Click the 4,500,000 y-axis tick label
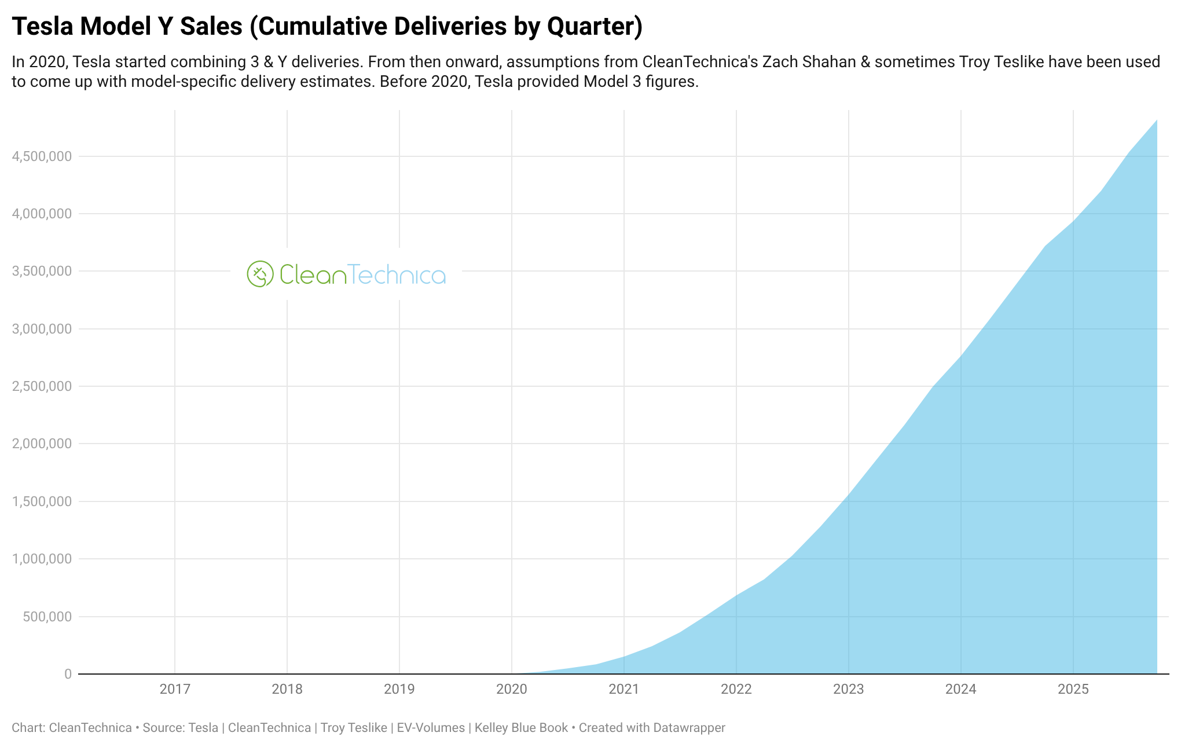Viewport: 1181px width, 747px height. pyautogui.click(x=42, y=156)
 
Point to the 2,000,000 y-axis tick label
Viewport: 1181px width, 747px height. pyautogui.click(x=42, y=444)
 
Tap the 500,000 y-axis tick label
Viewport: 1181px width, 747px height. pyautogui.click(x=47, y=617)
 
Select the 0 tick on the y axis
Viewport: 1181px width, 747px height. pyautogui.click(x=68, y=674)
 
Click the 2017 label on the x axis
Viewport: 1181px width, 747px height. pyautogui.click(x=175, y=689)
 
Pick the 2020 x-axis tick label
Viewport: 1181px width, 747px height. pyautogui.click(x=512, y=689)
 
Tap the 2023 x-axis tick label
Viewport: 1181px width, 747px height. pyautogui.click(x=849, y=689)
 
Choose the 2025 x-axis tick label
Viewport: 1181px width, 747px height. pyautogui.click(x=1073, y=689)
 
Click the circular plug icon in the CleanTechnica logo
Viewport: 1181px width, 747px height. pyautogui.click(x=260, y=274)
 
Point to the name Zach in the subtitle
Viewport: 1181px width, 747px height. pyautogui.click(x=779, y=61)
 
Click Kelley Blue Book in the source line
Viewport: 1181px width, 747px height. pyautogui.click(x=521, y=728)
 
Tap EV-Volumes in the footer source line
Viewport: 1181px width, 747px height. pyautogui.click(x=431, y=728)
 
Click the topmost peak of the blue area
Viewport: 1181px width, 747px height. pyautogui.click(x=1156, y=121)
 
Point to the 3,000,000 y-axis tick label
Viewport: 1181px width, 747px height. pyautogui.click(x=42, y=329)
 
